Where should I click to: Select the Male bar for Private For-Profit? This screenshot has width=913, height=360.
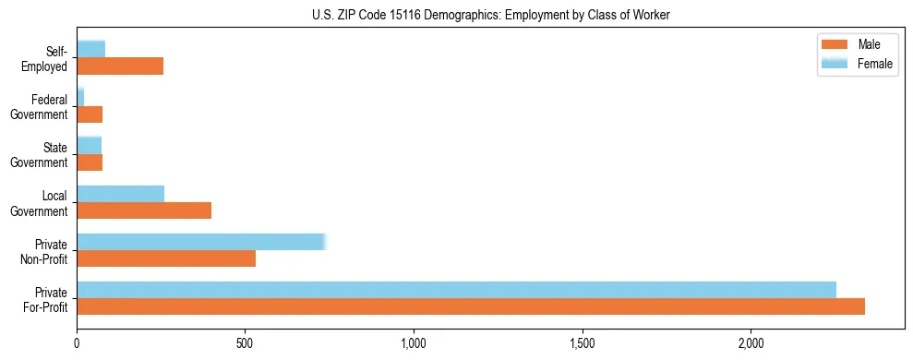(x=471, y=306)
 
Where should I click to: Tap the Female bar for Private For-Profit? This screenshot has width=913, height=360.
(x=456, y=290)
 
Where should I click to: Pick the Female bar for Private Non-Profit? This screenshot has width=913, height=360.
(x=200, y=242)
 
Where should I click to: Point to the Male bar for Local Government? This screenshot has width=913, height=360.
(x=144, y=210)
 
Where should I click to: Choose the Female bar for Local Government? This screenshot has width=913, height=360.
(x=121, y=194)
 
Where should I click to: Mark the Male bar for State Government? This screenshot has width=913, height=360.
(x=90, y=162)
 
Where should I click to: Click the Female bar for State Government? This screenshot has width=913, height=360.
(x=89, y=146)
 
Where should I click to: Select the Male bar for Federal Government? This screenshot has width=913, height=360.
(x=90, y=114)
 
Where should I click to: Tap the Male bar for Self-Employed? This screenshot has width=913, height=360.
(x=120, y=66)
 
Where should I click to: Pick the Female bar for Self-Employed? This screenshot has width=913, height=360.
(x=90, y=49)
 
